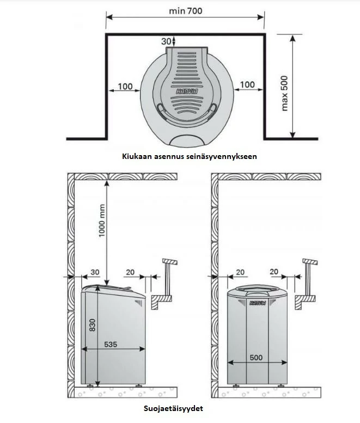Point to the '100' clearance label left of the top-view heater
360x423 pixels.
(x=125, y=85)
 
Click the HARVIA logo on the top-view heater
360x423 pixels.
(x=186, y=93)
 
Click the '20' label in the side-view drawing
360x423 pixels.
(x=130, y=271)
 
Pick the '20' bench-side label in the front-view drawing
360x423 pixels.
(x=274, y=271)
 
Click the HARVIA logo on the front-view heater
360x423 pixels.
(x=258, y=303)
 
